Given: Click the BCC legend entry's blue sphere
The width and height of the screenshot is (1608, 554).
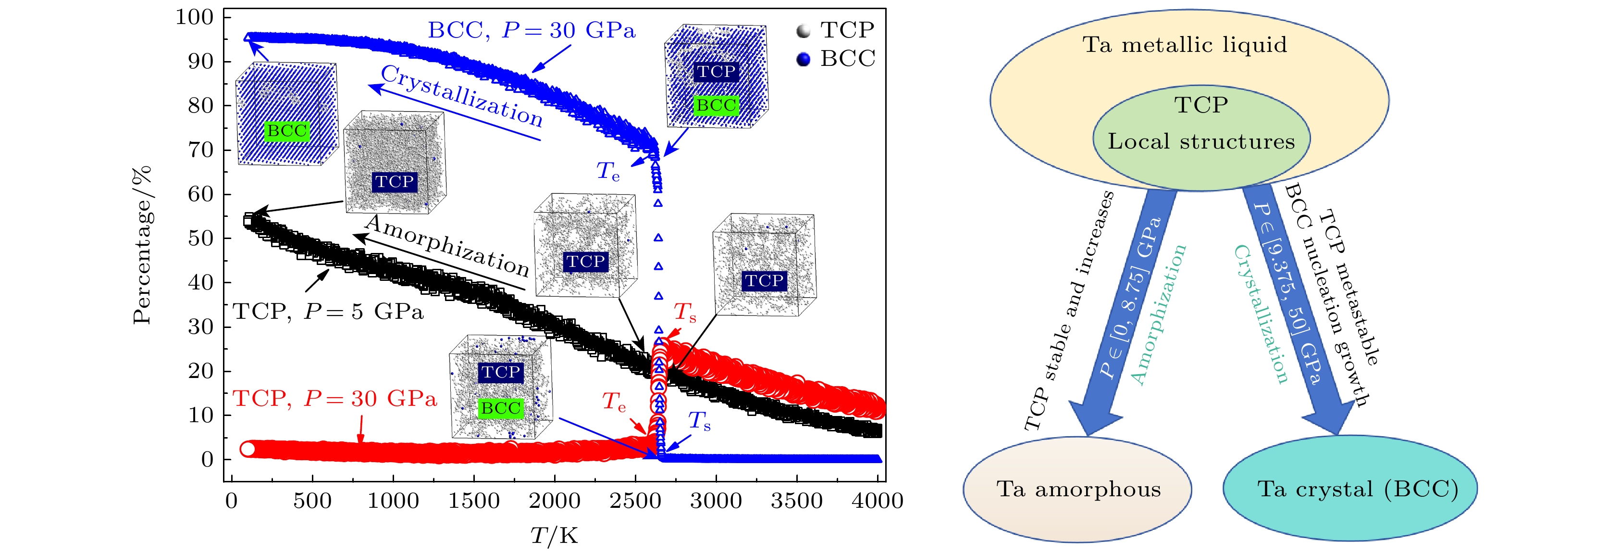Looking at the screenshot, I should point(804,59).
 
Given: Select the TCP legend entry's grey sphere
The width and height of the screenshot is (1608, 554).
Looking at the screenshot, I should point(804,31).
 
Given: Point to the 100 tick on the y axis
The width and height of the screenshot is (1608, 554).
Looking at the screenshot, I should point(194,17).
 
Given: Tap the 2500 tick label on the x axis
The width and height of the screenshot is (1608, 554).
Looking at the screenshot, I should point(635,501).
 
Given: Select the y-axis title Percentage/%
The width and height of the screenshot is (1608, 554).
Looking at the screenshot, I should point(143,245).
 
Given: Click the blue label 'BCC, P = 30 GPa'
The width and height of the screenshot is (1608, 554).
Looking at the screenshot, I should point(531,30).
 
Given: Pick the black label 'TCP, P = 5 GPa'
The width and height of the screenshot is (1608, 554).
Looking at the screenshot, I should point(328,311).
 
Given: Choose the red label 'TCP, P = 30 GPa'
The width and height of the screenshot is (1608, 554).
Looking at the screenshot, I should point(334,399).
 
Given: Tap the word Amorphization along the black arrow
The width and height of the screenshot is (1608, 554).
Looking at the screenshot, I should point(447,246).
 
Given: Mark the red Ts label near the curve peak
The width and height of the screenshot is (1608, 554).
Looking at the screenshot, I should point(685,312).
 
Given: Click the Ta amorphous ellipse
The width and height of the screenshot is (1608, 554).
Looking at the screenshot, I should point(1077,489).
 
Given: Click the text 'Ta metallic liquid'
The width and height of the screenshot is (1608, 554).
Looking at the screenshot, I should point(1184,45).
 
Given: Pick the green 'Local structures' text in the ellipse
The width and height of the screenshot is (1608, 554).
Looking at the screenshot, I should point(1201,141).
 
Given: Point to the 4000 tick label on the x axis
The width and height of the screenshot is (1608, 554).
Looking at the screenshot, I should point(877,501).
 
